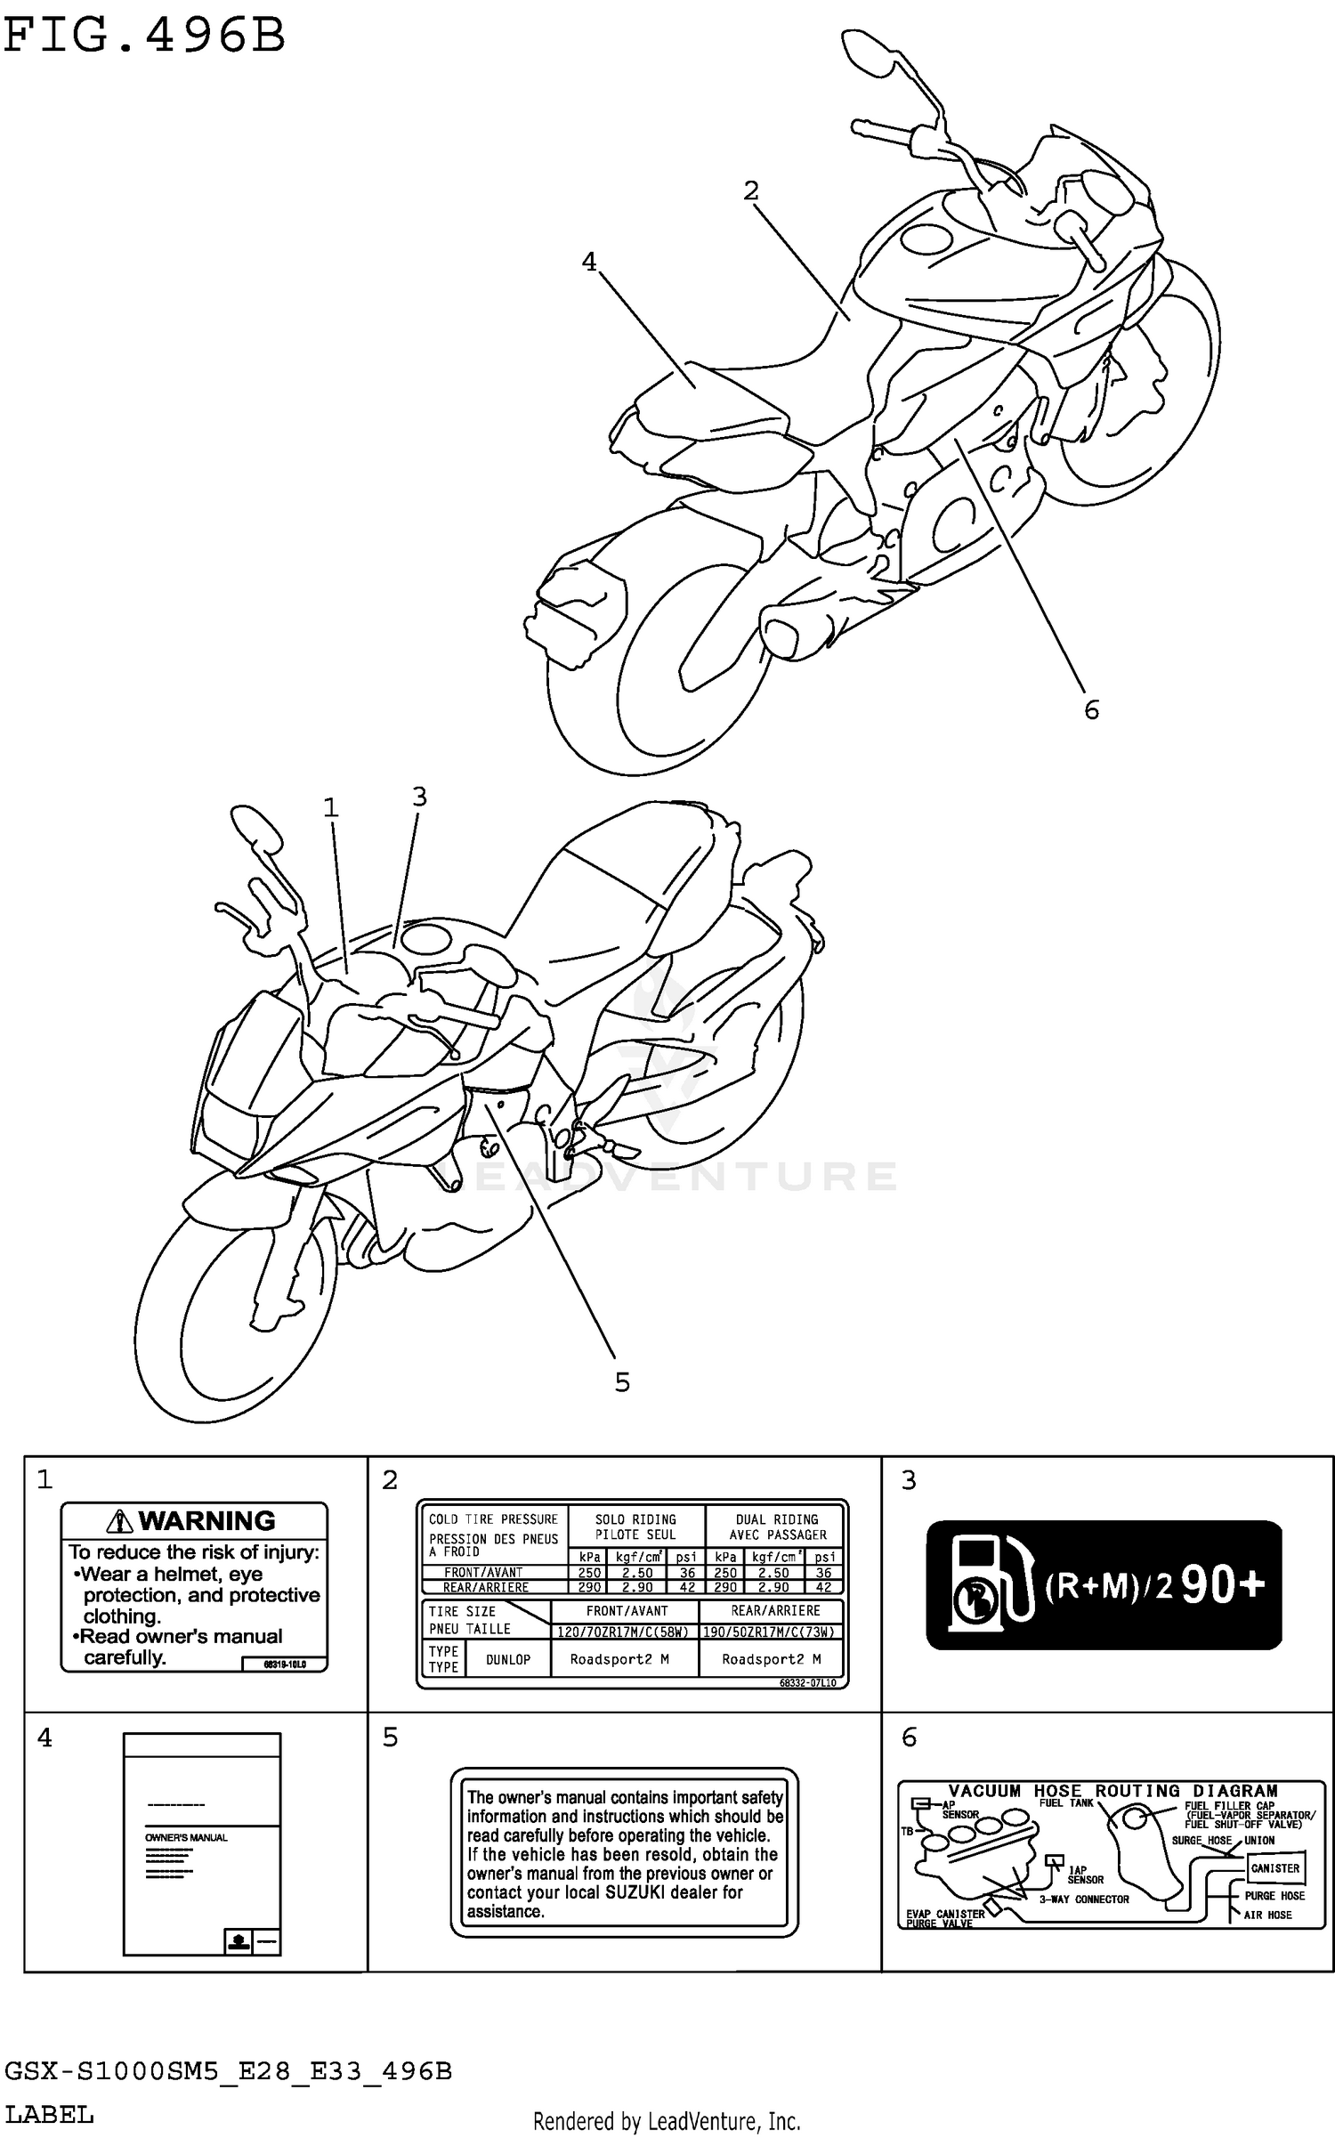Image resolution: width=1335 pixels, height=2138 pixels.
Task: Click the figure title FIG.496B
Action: [144, 37]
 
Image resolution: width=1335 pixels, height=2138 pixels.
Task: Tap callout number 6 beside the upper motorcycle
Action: [1091, 709]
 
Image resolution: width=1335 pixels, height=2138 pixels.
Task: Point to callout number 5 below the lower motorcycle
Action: [622, 1382]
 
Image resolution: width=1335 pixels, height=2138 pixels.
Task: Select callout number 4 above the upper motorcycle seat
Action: [589, 262]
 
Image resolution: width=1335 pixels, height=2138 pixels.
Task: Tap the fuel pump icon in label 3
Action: [988, 1584]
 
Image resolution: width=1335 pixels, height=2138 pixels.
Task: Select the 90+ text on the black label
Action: [1223, 1585]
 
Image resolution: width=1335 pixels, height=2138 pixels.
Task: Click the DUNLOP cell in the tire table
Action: [508, 1659]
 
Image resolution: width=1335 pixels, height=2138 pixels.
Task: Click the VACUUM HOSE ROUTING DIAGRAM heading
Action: [1112, 1791]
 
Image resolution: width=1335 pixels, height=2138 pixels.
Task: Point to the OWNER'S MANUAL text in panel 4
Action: [186, 1837]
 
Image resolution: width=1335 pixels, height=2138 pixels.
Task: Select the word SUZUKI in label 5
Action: [635, 1892]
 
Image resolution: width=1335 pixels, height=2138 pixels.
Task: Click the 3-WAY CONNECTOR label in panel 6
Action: [1084, 1899]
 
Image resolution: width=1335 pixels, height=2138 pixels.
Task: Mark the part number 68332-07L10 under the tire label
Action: [807, 1683]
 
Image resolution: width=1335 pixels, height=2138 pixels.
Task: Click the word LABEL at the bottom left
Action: [49, 2115]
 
